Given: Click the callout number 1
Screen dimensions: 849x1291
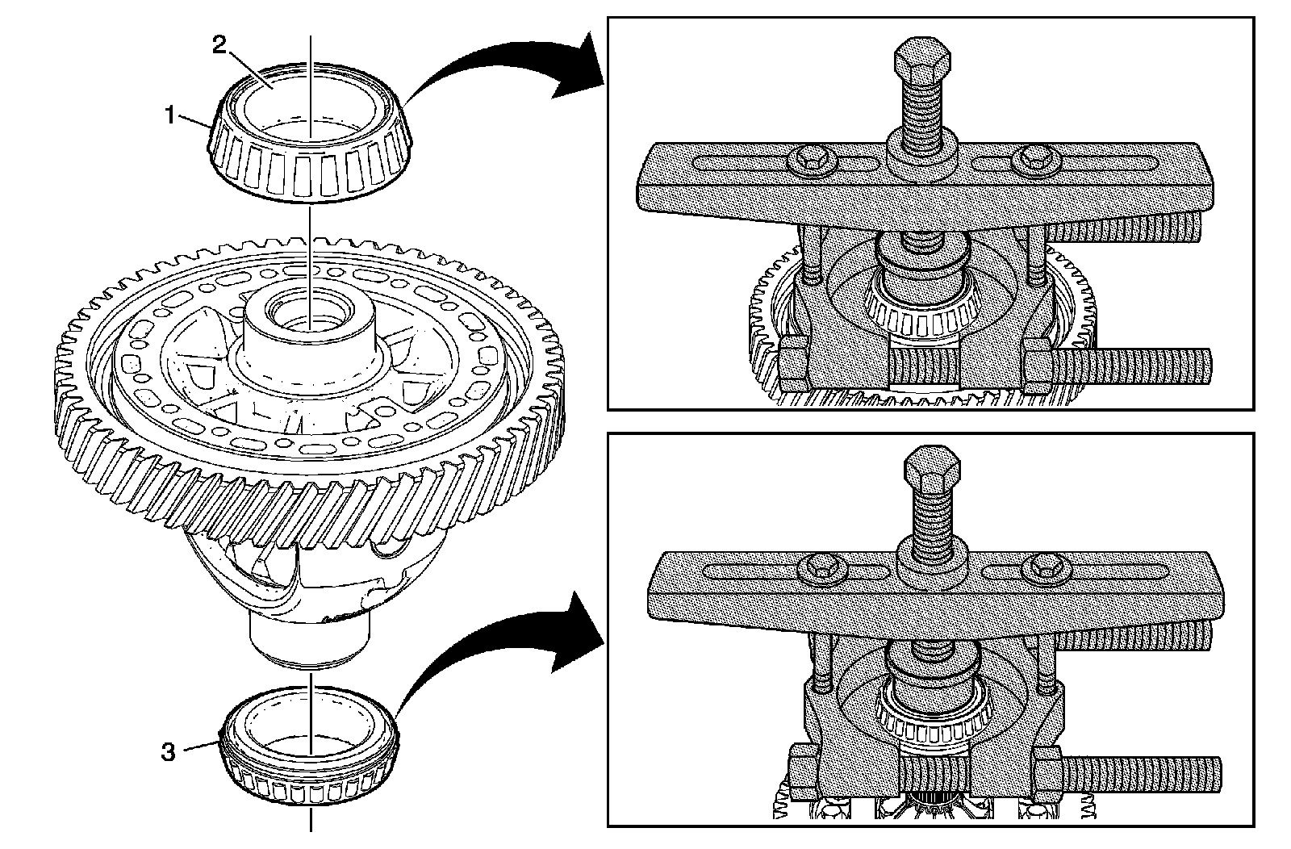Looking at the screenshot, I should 169,116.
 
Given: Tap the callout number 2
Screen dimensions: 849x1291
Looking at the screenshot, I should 219,46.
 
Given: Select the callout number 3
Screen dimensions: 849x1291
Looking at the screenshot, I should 168,752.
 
